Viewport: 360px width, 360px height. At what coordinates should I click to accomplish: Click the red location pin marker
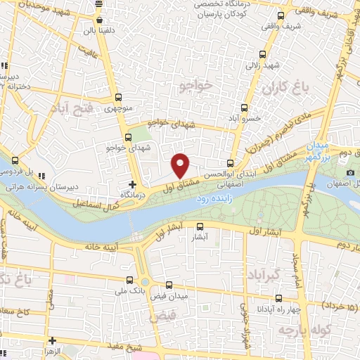click(x=181, y=165)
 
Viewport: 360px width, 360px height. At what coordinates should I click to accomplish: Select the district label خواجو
click(x=195, y=86)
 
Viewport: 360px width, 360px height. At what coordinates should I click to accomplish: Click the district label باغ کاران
click(x=286, y=88)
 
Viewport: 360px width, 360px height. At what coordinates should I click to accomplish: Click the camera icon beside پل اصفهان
click(x=350, y=173)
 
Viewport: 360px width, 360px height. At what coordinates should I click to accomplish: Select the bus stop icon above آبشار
click(x=200, y=227)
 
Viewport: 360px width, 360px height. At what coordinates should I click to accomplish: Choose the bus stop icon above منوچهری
click(x=117, y=98)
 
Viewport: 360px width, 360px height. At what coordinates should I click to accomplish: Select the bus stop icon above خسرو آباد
click(x=245, y=108)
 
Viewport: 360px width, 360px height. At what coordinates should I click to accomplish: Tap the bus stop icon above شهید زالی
click(x=262, y=54)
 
